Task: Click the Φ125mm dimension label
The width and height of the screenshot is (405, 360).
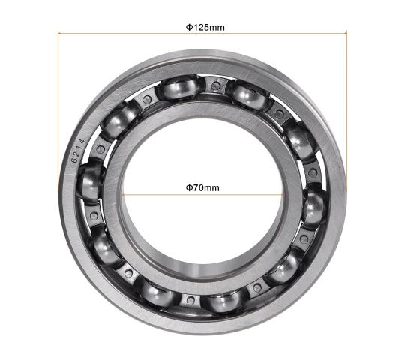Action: [205, 27]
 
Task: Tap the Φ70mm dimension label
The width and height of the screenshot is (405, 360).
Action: [202, 187]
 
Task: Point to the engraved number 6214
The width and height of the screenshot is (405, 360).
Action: [78, 151]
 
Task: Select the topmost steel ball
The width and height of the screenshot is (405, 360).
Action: [178, 88]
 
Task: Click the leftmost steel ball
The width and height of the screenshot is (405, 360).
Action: [91, 181]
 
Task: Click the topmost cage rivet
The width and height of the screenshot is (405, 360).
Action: [215, 85]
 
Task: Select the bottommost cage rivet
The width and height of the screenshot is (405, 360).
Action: [190, 300]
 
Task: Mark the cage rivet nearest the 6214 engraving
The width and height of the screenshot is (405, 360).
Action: [100, 149]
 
